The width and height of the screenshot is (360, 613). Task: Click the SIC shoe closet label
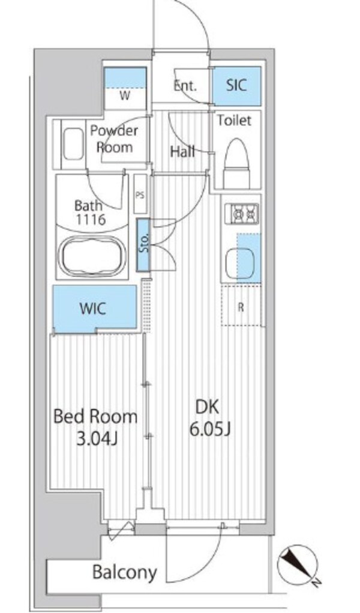(236, 85)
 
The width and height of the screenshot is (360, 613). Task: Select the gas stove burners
(245, 214)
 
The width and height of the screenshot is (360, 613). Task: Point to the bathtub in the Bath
(94, 255)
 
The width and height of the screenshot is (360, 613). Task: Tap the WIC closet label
(92, 308)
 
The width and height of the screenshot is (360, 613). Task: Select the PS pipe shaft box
(140, 194)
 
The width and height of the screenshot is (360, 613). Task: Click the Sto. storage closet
(143, 245)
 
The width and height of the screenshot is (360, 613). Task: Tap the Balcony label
(125, 572)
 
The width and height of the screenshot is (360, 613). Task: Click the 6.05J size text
(210, 429)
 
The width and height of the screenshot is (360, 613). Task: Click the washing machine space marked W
(125, 96)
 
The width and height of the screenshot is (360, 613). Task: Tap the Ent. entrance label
(185, 86)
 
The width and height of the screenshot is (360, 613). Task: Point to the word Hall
(182, 152)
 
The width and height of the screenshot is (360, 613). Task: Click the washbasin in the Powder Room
(73, 145)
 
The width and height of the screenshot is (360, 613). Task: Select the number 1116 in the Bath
(91, 220)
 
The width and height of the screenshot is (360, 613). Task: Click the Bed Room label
(95, 417)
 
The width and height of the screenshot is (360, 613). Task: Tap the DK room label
(208, 407)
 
